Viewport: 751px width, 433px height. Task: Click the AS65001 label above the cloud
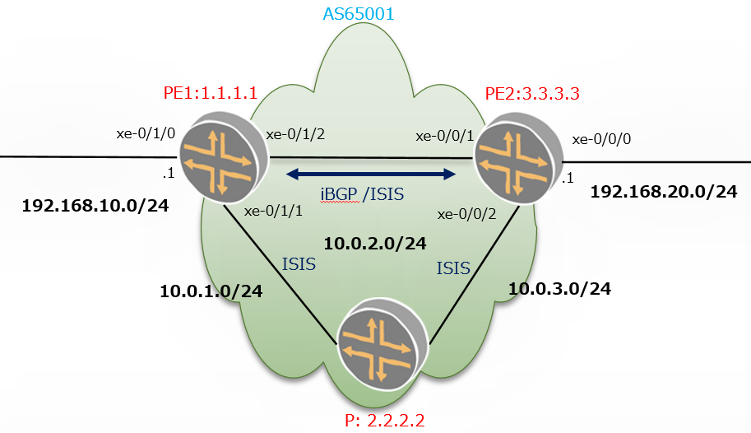(359, 13)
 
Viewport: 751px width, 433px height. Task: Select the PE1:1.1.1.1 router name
(211, 92)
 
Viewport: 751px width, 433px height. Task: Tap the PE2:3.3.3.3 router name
(532, 94)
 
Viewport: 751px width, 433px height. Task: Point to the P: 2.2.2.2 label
(385, 421)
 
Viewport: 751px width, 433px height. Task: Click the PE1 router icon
(223, 157)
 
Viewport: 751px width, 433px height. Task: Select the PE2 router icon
(517, 159)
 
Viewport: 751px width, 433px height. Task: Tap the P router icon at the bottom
(382, 344)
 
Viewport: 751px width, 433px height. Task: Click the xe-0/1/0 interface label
(146, 133)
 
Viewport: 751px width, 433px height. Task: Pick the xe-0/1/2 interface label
(295, 134)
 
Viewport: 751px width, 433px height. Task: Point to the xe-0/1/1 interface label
(273, 211)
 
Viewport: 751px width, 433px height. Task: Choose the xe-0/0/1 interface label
(444, 136)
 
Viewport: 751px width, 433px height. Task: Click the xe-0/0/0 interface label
(601, 139)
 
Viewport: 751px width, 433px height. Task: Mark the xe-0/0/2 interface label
(466, 214)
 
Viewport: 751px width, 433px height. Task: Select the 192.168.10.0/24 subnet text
(95, 206)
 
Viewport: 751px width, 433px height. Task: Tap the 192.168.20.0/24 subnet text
(663, 192)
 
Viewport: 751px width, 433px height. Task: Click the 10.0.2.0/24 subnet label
(375, 244)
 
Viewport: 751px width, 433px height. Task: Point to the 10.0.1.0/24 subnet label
(211, 291)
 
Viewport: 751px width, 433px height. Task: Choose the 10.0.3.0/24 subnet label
(559, 289)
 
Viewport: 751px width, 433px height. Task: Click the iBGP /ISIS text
(362, 194)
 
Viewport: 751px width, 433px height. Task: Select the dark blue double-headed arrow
(371, 174)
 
